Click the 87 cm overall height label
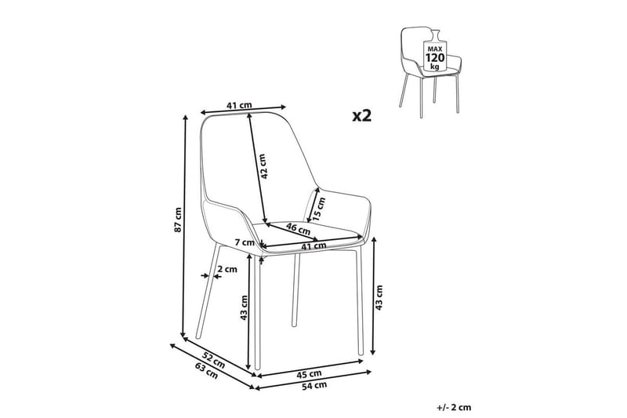tap(179, 220)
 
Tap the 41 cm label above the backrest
tap(239, 106)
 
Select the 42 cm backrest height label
tap(262, 166)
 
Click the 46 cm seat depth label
tap(299, 229)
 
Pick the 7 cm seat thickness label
tap(245, 242)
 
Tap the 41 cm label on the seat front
tap(313, 246)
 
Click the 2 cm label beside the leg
tap(227, 269)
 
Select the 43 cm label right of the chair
tap(379, 297)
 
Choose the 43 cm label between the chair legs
tap(245, 307)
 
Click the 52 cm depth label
tap(213, 360)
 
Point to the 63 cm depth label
tap(206, 370)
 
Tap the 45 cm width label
tap(309, 374)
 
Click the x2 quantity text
tap(362, 116)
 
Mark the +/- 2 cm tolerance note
tap(454, 408)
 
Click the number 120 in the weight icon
tap(435, 57)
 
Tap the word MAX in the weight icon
tap(435, 49)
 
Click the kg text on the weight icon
tap(435, 67)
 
